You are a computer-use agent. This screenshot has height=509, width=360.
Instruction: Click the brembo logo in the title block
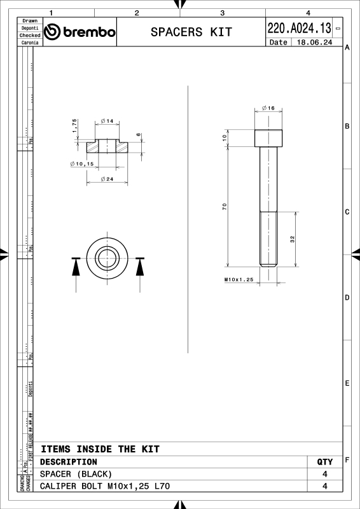[80, 32]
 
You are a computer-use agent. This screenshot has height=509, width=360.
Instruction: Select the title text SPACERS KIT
[191, 32]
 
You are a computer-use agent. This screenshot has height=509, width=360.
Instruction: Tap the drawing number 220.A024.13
[299, 28]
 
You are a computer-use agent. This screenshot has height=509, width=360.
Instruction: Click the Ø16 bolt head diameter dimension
[268, 109]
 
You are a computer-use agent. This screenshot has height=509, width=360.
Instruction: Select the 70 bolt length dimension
[225, 206]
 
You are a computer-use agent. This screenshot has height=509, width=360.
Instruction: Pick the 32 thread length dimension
[292, 239]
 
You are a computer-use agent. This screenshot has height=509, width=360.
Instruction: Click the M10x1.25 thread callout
[239, 279]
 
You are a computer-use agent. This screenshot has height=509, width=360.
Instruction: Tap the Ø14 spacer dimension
[107, 121]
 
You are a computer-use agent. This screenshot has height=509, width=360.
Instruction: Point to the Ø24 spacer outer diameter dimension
[107, 179]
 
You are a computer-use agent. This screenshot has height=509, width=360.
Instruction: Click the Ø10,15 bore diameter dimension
[82, 164]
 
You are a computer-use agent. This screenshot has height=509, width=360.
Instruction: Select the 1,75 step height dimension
[74, 125]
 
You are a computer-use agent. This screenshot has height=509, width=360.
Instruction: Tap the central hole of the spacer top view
[107, 258]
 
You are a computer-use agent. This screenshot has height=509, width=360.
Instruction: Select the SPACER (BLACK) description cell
[76, 474]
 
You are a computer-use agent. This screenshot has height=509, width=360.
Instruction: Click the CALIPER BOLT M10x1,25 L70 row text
[105, 486]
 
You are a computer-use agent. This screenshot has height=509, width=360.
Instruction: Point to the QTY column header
[324, 461]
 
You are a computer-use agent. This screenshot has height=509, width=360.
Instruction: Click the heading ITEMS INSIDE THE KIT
[100, 449]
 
